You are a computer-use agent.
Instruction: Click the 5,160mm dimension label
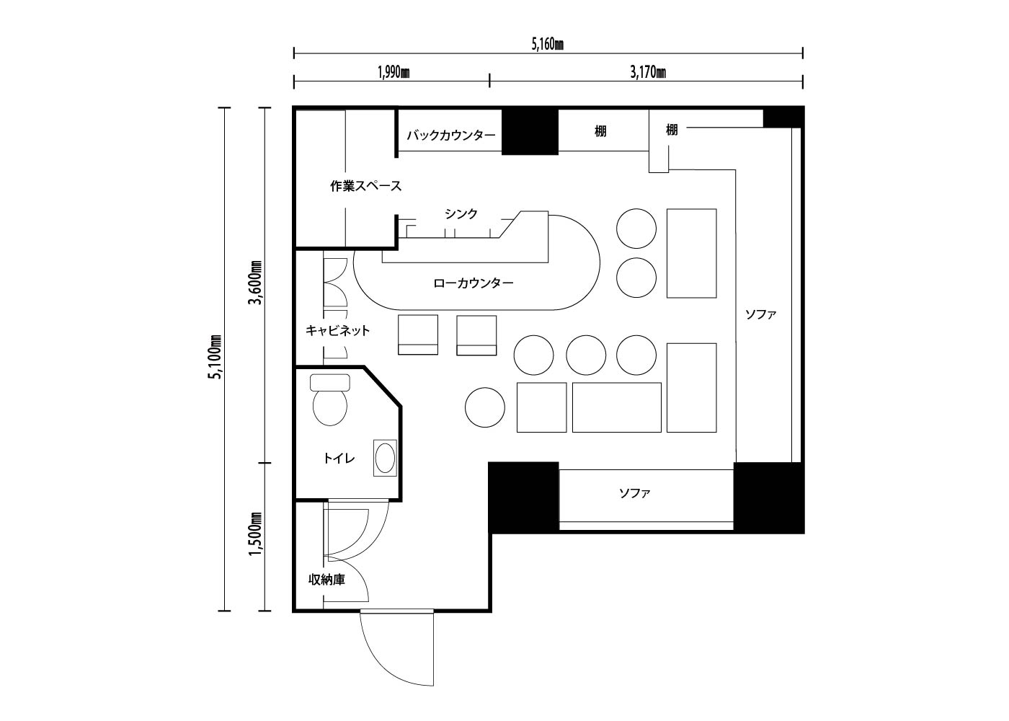coord(547,45)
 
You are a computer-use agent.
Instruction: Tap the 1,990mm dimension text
coord(394,72)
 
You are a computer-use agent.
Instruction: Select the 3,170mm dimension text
coord(648,72)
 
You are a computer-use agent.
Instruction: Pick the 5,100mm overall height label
coord(215,357)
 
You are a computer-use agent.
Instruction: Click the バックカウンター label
coord(451,136)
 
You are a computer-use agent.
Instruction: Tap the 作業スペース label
coord(366,186)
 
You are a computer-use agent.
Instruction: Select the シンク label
coord(461,213)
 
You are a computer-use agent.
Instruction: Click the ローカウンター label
coord(474,283)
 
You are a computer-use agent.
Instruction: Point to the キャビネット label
coord(337,331)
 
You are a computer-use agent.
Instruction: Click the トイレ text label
coord(339,459)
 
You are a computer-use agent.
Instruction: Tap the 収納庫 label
coord(326,580)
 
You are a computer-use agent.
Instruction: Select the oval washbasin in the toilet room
coord(385,459)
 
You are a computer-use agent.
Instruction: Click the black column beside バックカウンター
coord(530,131)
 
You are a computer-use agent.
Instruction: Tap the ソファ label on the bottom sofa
coord(635,493)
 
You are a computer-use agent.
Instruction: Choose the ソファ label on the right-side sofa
coord(761,314)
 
